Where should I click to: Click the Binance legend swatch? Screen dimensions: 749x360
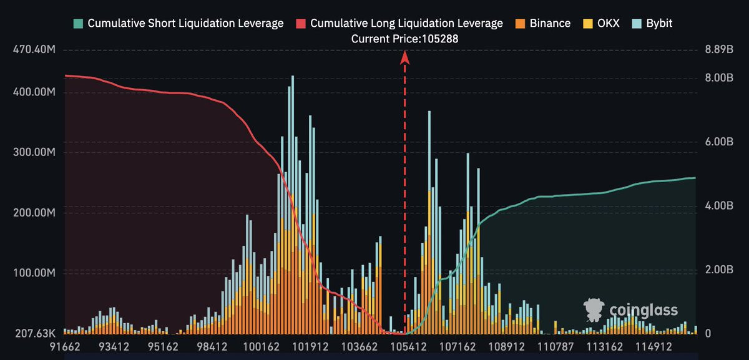tap(520, 24)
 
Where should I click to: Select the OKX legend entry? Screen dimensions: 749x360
tap(601, 24)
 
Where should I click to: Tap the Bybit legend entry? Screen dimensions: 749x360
tap(652, 24)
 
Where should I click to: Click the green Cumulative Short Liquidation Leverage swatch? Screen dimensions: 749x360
tap(78, 24)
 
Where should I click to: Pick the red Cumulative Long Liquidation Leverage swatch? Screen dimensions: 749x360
tap(301, 24)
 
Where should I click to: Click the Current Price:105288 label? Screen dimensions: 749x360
tap(404, 39)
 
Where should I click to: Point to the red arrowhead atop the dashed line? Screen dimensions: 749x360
tap(404, 57)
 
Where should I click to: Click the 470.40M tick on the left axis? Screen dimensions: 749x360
tap(34, 49)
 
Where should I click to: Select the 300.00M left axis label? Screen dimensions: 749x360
tap(34, 152)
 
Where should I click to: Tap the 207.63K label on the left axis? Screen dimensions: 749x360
tap(35, 333)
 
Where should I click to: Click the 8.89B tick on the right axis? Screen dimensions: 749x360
tap(719, 49)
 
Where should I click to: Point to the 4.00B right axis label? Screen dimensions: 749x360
tap(719, 205)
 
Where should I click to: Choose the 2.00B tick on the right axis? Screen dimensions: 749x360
tap(719, 270)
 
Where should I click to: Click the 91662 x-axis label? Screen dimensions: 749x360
tap(65, 347)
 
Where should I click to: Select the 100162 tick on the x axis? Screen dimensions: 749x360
tap(261, 347)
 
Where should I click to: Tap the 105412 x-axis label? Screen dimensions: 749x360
tap(408, 347)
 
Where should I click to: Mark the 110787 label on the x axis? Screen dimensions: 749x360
tap(556, 347)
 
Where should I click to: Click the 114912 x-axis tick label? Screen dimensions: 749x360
tap(654, 347)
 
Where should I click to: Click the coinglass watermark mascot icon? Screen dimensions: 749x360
tap(594, 310)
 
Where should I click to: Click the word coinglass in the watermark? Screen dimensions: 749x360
tap(644, 311)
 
